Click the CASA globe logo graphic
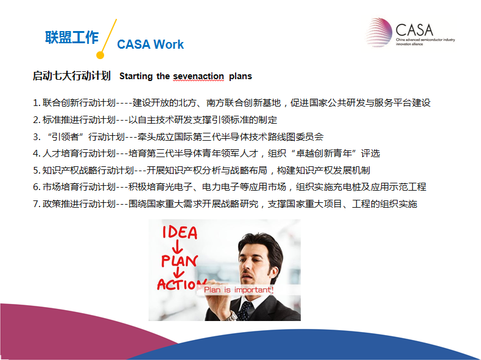click(x=378, y=32)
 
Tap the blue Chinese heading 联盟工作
click(x=72, y=37)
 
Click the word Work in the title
click(x=169, y=44)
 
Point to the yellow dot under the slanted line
click(x=100, y=55)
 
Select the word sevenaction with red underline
click(x=198, y=76)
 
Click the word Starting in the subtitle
click(x=136, y=76)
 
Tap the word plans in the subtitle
click(x=240, y=76)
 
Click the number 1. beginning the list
click(x=37, y=103)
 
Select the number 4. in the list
click(x=37, y=154)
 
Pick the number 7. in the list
click(x=37, y=204)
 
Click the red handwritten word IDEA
click(x=180, y=232)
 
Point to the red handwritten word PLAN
click(x=180, y=261)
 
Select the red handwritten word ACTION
click(x=181, y=284)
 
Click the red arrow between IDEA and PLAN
click(x=177, y=247)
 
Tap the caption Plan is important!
click(x=239, y=290)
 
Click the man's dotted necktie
click(x=245, y=311)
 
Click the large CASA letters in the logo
click(x=415, y=30)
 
